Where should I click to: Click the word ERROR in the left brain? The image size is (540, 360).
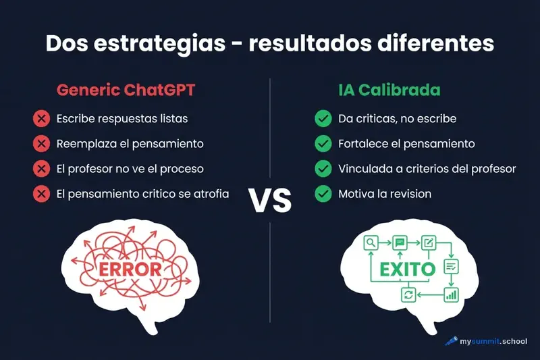click(x=131, y=269)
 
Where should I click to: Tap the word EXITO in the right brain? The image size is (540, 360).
click(x=408, y=269)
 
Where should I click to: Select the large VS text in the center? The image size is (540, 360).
click(x=270, y=201)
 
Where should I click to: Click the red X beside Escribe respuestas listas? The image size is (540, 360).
click(x=41, y=119)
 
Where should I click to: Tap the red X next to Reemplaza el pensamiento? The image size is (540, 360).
click(x=41, y=144)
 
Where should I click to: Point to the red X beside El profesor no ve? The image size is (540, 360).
click(x=41, y=169)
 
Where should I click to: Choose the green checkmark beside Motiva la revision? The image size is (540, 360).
click(x=323, y=194)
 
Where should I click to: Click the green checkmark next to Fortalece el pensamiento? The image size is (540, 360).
click(x=323, y=144)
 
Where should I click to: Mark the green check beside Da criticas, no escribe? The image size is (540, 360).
click(x=323, y=119)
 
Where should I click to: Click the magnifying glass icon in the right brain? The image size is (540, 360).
click(x=371, y=243)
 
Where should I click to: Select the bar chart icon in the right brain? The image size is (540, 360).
click(x=451, y=294)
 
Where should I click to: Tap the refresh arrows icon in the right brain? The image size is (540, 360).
click(x=408, y=294)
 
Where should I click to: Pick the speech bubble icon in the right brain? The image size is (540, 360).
click(x=400, y=242)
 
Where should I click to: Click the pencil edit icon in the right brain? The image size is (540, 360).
click(x=427, y=242)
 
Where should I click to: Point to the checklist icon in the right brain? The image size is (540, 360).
click(x=451, y=266)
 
